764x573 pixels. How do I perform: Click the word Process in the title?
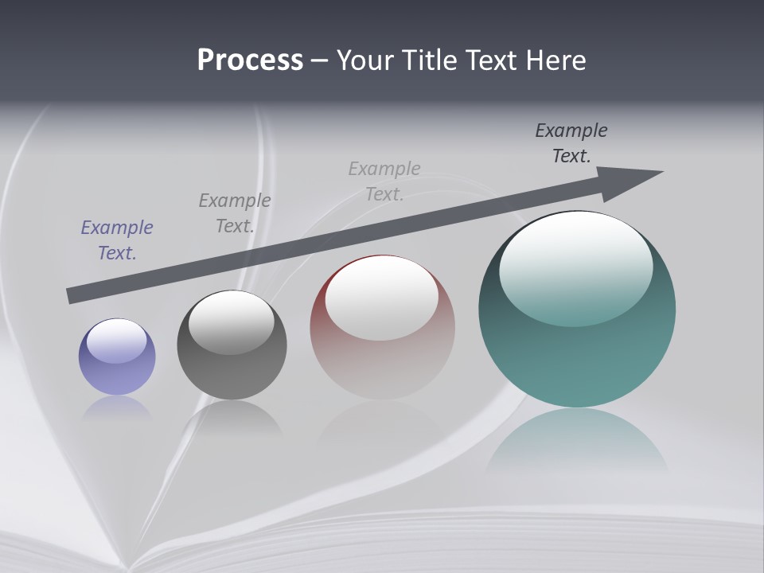point(250,60)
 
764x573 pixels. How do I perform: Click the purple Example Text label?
point(117,240)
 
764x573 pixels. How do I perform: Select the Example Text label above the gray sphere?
point(234,212)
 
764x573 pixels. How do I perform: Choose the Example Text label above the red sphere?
point(384,181)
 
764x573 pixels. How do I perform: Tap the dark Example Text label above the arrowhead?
point(571,142)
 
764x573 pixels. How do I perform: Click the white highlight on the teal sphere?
point(575,267)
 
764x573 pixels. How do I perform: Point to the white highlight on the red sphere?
point(381,298)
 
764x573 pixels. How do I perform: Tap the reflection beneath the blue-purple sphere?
point(117,407)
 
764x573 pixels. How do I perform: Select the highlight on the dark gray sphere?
point(232,322)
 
